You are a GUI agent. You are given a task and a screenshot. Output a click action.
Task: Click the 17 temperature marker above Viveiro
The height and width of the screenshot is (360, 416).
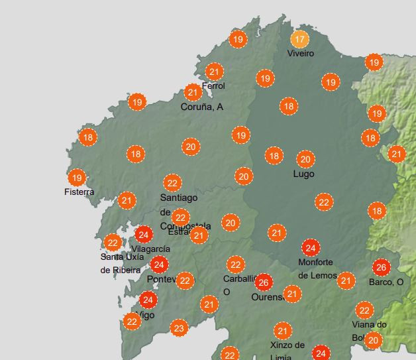tap(300, 39)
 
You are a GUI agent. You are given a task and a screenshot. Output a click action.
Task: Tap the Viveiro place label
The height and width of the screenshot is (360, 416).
tap(301, 54)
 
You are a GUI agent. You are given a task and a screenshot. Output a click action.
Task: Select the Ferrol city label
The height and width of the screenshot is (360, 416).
tap(213, 86)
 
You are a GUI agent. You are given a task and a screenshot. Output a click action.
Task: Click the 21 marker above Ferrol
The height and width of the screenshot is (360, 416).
tap(214, 72)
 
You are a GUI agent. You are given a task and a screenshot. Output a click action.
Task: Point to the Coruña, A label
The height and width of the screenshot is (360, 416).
tap(202, 107)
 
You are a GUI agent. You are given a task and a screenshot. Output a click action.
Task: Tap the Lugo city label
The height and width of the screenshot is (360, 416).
tap(303, 174)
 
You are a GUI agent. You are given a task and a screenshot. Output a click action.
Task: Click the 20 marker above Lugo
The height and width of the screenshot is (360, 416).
tap(305, 160)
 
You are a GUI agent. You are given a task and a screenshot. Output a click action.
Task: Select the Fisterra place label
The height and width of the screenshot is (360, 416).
tap(79, 192)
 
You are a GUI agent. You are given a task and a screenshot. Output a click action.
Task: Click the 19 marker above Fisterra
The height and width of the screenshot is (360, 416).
tap(77, 178)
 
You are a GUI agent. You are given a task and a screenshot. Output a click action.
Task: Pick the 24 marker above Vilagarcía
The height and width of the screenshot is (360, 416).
tap(144, 234)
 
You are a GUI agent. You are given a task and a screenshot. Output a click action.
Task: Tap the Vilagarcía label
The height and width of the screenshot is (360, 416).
tap(150, 249)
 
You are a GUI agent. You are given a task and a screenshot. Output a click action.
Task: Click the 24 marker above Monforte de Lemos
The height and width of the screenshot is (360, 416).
tap(310, 249)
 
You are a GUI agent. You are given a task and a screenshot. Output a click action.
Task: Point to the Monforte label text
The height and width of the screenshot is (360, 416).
tap(315, 263)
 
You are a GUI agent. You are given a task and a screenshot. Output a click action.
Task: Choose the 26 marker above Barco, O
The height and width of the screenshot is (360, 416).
tap(381, 268)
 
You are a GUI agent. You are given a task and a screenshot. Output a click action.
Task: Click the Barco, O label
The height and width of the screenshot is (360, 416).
tap(386, 282)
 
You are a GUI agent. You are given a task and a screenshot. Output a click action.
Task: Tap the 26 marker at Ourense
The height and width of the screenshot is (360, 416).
tap(264, 282)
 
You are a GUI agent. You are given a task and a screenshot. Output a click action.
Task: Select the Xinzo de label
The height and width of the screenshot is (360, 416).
tap(287, 345)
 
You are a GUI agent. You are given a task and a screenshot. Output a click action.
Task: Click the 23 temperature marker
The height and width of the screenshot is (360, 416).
tap(179, 328)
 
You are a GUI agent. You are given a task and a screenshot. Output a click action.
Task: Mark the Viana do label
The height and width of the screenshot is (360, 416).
tap(369, 324)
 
